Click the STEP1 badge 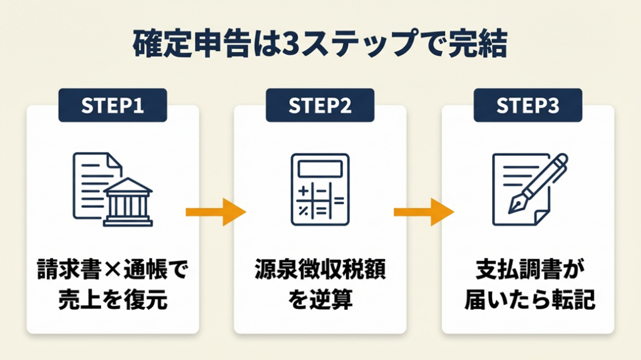point(113,106)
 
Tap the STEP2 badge point(320,106)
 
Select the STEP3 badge point(528,106)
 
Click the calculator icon point(320,189)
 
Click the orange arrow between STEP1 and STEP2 point(216,212)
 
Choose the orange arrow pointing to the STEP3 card point(424,212)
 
